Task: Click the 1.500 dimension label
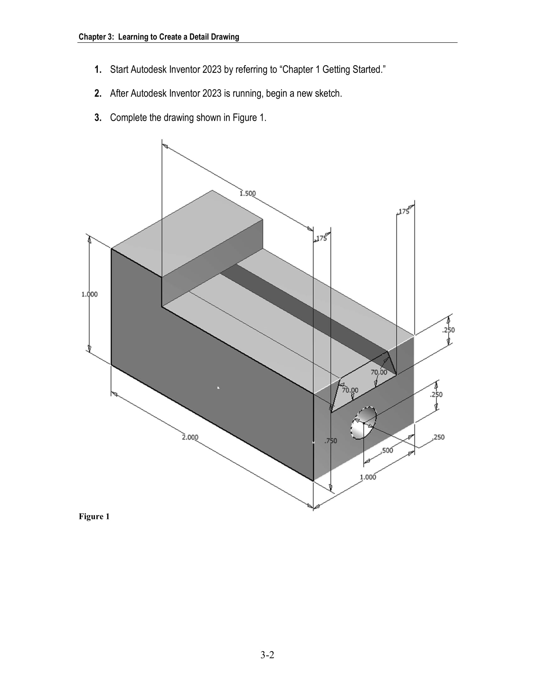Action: [248, 193]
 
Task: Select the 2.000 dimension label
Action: [190, 437]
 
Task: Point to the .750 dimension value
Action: [330, 441]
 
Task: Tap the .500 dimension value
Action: [387, 450]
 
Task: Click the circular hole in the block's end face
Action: [364, 423]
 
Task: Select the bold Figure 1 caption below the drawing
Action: [94, 517]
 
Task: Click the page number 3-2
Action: [267, 655]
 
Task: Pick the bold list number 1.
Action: [98, 70]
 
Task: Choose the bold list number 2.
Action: [98, 93]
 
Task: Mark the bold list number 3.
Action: [98, 118]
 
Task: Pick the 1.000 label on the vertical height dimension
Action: [89, 294]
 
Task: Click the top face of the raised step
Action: [187, 233]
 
